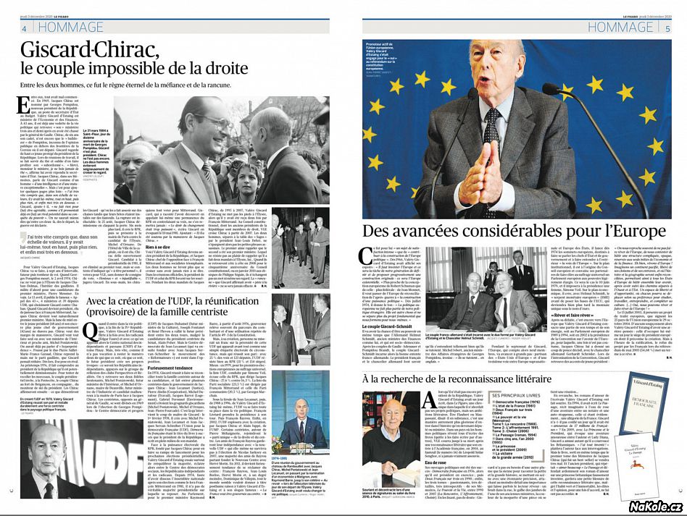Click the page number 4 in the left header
tap(24, 29)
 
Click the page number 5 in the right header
tap(667, 29)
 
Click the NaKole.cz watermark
tap(651, 504)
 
